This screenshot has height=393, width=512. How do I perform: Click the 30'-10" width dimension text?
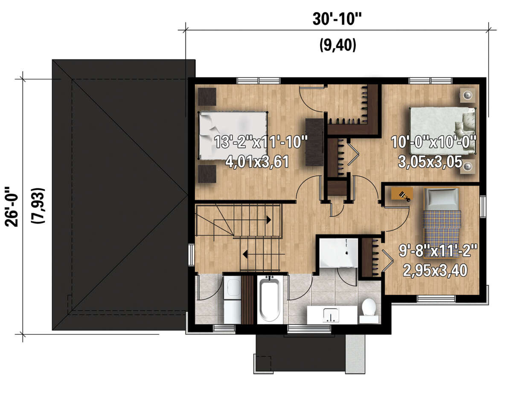[337, 19]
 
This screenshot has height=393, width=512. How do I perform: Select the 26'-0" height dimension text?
[11, 207]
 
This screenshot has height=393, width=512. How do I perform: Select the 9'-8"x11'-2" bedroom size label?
[438, 251]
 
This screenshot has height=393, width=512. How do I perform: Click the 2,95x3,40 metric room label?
[435, 270]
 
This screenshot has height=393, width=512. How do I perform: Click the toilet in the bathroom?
[369, 311]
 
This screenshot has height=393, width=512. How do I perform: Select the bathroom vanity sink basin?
[331, 315]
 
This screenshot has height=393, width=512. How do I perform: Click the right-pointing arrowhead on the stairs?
[268, 220]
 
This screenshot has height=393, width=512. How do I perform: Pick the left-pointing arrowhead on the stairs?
[245, 254]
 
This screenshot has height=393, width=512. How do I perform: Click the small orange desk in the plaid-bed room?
[402, 194]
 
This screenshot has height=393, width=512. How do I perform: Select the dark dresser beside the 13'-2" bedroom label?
[314, 142]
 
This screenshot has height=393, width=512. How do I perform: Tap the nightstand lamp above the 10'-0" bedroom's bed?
[468, 95]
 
